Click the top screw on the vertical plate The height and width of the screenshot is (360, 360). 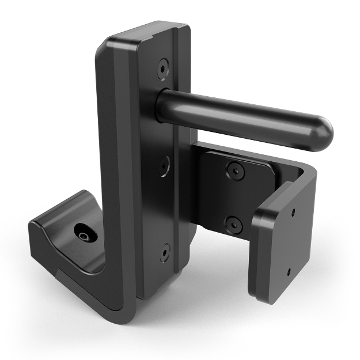[162, 67]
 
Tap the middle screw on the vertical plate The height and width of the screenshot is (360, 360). [165, 166]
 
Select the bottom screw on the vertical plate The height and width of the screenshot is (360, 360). [165, 252]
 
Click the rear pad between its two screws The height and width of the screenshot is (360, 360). [233, 196]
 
